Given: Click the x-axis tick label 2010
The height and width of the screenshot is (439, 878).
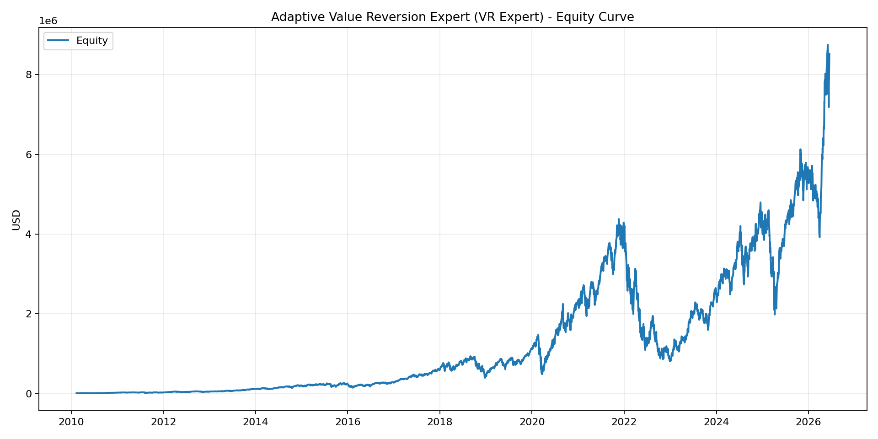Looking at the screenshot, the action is [71, 422].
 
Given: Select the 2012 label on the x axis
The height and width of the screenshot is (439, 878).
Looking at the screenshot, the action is [163, 422].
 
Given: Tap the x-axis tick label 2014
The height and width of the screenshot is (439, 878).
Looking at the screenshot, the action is [255, 422].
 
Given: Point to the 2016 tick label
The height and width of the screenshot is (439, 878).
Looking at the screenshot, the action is [348, 422].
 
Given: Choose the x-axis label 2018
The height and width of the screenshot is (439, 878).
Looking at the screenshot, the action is [440, 422].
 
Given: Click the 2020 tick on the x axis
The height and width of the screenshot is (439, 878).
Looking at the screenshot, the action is [532, 422].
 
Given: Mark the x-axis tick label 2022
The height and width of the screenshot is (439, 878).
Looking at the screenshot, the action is [624, 422].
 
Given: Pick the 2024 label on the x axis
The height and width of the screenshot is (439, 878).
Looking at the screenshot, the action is [717, 422].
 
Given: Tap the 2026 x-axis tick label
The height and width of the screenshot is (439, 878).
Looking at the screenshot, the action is [808, 422].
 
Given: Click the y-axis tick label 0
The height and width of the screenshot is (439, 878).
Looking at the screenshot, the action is [29, 394].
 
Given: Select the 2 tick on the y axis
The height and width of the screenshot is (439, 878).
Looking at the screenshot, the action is [29, 314].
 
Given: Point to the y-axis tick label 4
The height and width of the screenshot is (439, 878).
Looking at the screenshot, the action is [29, 234].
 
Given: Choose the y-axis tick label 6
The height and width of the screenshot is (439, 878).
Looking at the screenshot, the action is [29, 155].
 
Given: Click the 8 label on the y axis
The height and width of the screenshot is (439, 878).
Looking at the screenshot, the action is [29, 75].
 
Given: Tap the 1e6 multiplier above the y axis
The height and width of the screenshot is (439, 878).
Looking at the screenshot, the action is [48, 21].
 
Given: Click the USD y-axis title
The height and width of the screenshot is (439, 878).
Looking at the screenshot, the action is [16, 219].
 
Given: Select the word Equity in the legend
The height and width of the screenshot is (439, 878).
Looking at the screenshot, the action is [92, 41].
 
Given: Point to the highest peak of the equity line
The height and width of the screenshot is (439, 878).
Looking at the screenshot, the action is [827, 45].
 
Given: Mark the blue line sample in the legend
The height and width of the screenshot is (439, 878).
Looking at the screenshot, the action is [59, 41].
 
